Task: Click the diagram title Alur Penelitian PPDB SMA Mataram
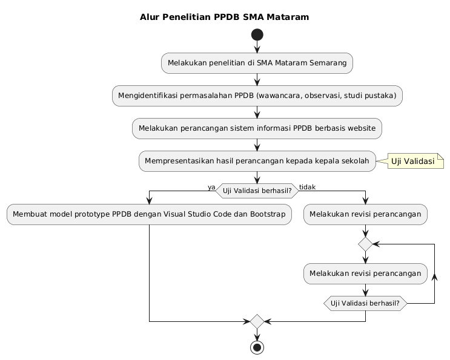pyautogui.click(x=224, y=17)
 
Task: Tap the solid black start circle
pyautogui.click(x=257, y=35)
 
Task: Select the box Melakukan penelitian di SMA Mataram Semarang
pyautogui.click(x=257, y=63)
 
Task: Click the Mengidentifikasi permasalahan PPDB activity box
pyautogui.click(x=257, y=96)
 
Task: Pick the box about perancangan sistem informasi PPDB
pyautogui.click(x=257, y=128)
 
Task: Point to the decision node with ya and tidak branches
pyautogui.click(x=257, y=191)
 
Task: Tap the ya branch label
pyautogui.click(x=211, y=187)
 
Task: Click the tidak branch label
pyautogui.click(x=307, y=187)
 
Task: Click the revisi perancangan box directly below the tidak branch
pyautogui.click(x=366, y=214)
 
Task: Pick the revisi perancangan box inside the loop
pyautogui.click(x=366, y=273)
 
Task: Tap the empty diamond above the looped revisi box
pyautogui.click(x=366, y=244)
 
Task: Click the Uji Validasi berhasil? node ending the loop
pyautogui.click(x=366, y=302)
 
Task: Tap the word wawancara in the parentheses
pyautogui.click(x=287, y=96)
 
